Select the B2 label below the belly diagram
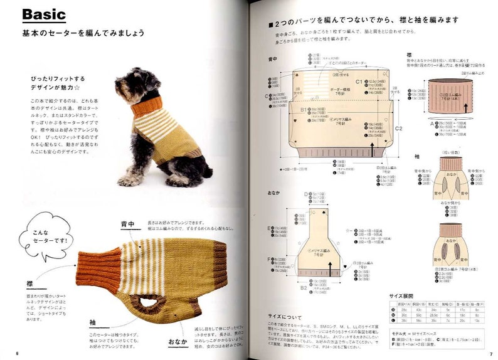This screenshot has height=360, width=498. point(304,287)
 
